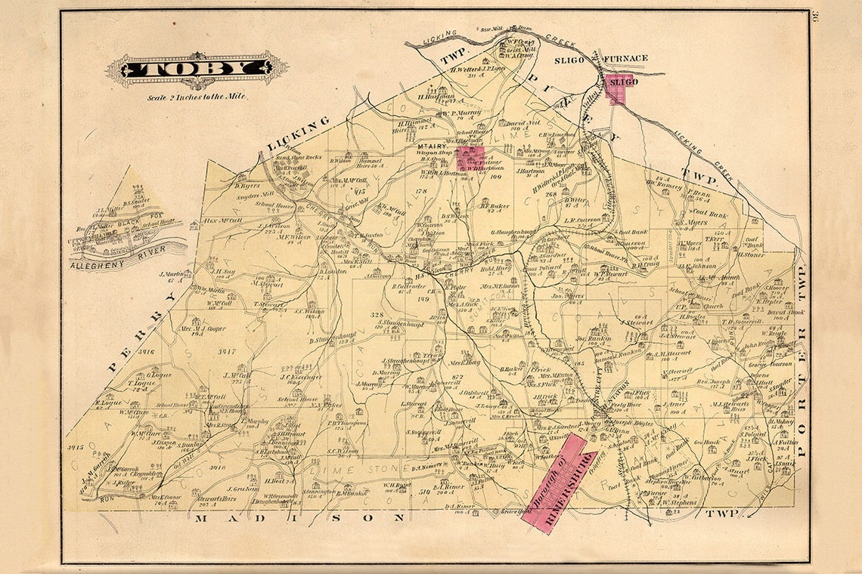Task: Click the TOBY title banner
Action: tap(196, 69)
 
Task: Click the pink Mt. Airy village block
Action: tap(470, 159)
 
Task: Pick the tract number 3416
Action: tap(142, 352)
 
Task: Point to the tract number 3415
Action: tap(75, 447)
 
